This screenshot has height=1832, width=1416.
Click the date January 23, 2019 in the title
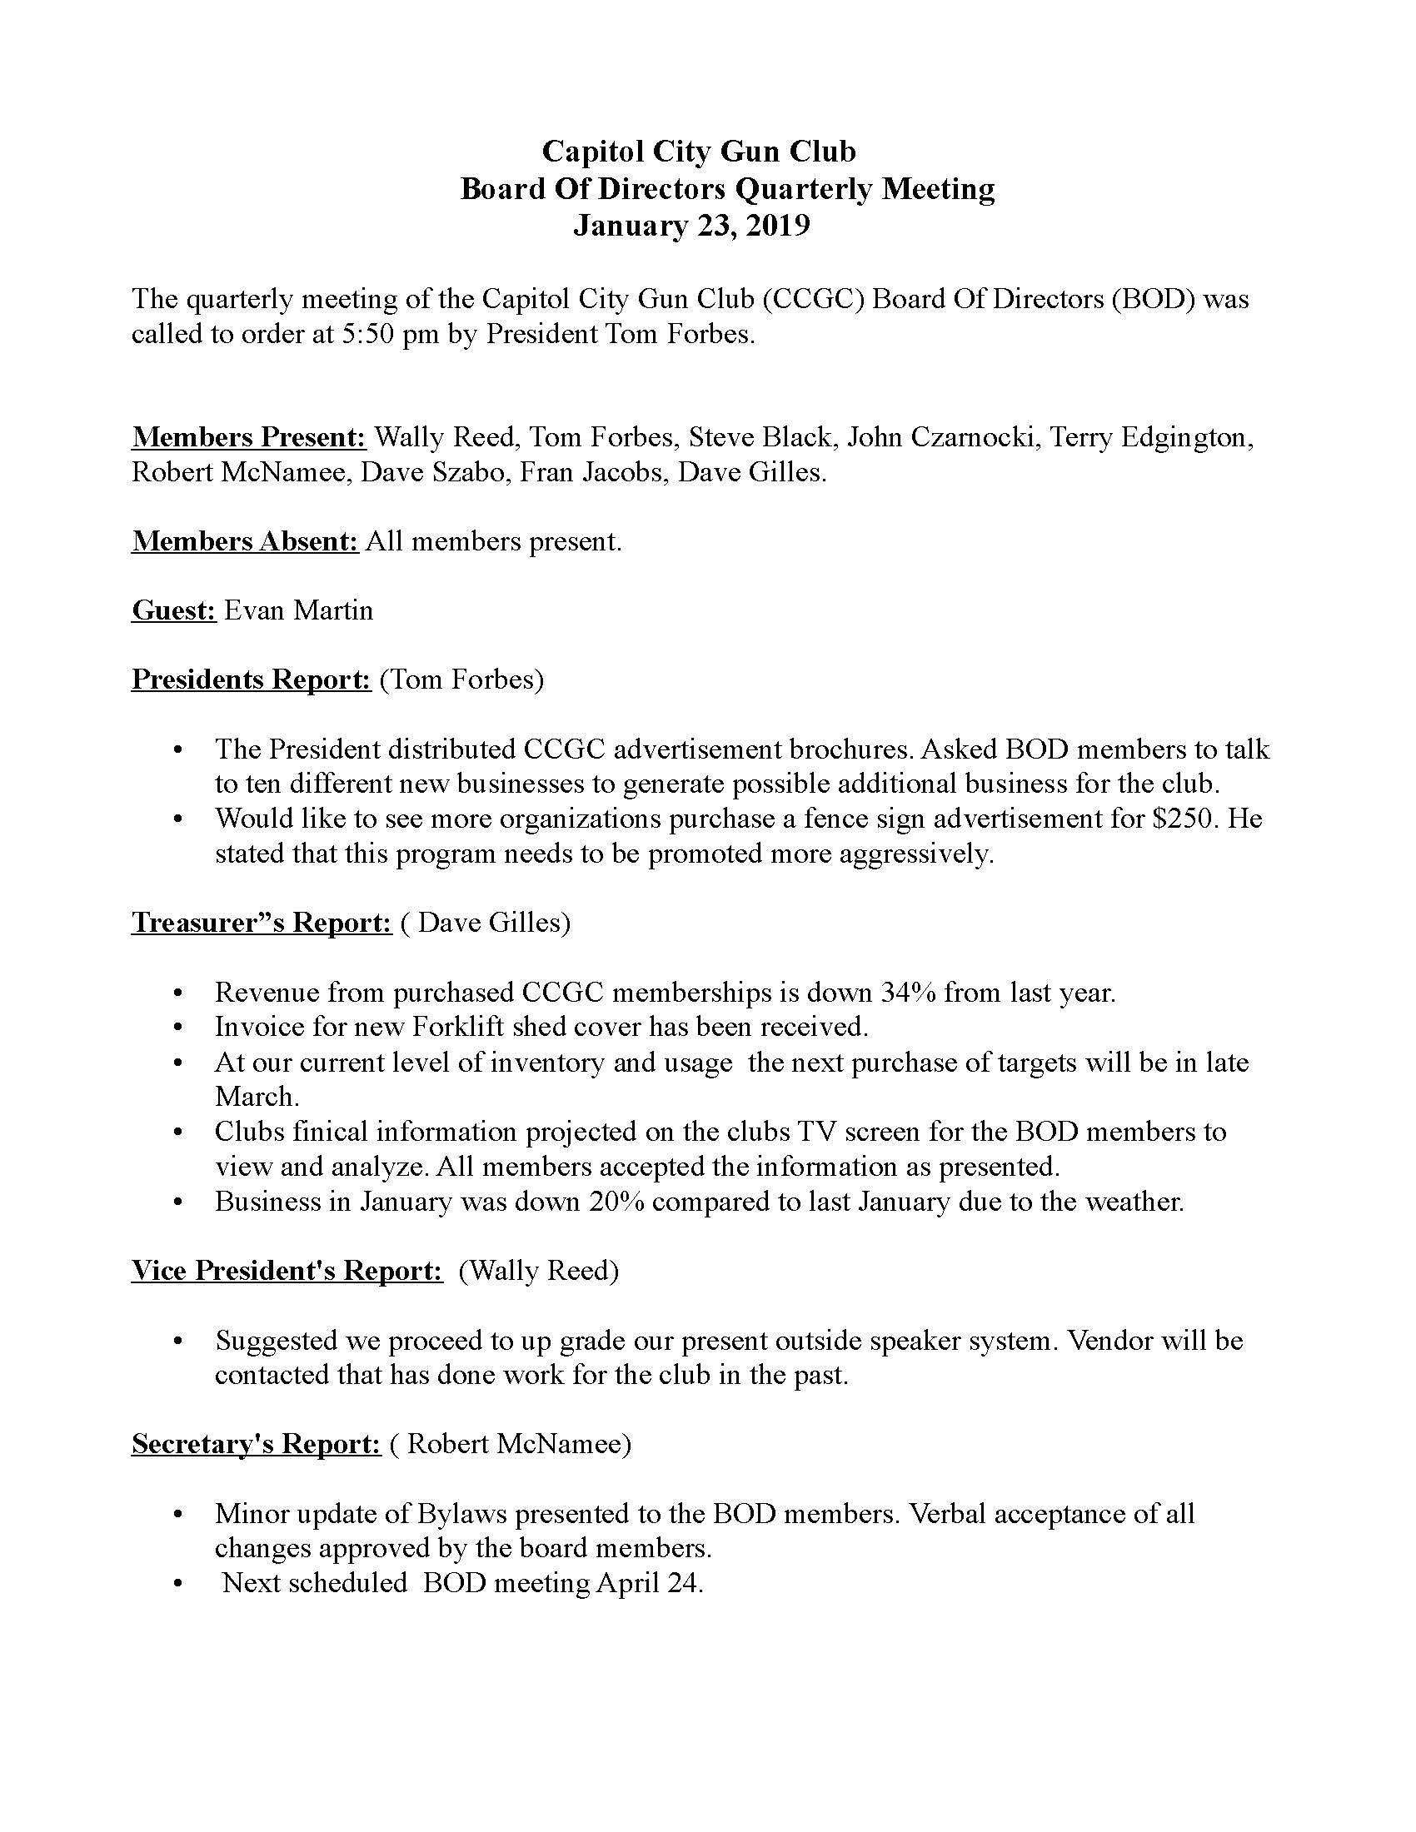click(691, 227)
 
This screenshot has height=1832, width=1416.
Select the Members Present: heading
click(249, 437)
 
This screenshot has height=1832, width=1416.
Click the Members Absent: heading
click(245, 541)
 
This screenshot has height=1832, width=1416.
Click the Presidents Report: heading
click(251, 679)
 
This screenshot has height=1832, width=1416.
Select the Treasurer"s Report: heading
click(262, 923)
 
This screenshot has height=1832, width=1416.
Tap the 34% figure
click(908, 993)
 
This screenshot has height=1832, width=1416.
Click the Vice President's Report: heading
click(287, 1271)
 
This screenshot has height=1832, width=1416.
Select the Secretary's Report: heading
click(257, 1444)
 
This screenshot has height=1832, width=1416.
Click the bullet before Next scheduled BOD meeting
click(177, 1584)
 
